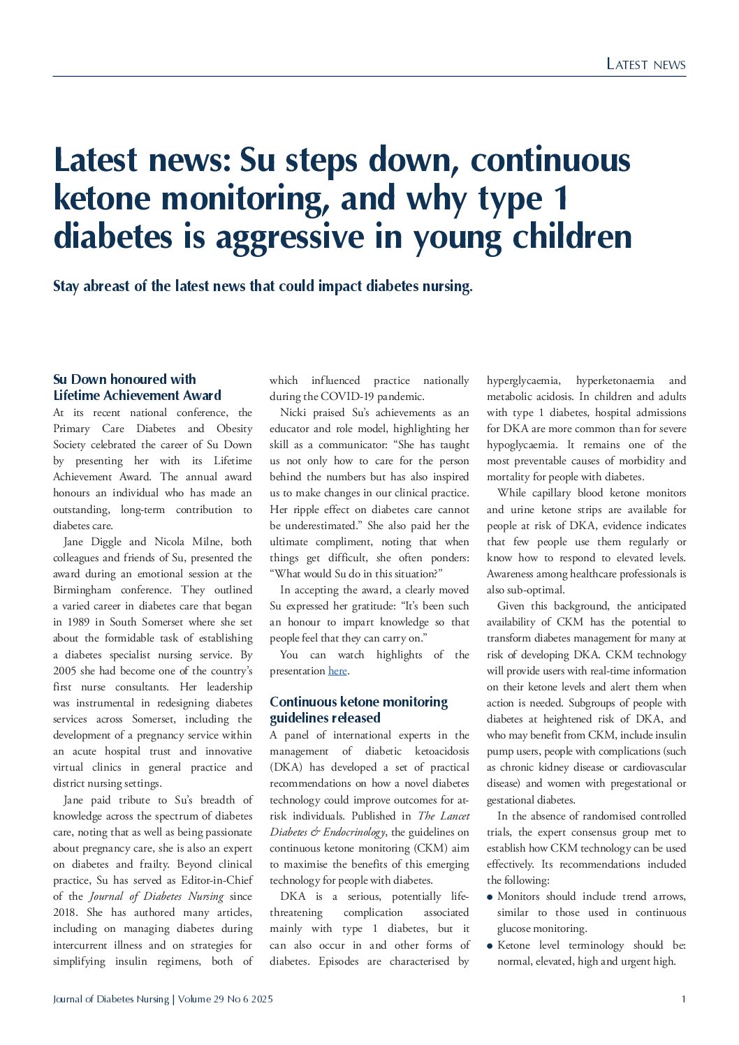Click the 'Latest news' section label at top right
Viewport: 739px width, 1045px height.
(x=645, y=64)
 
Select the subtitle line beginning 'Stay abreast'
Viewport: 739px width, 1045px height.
(x=263, y=286)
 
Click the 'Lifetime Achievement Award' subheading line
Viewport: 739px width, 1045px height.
(x=137, y=395)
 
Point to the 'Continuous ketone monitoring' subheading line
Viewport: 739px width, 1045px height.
(x=358, y=702)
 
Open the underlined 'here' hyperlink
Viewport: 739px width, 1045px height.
(x=337, y=671)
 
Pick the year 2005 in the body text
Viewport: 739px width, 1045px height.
(x=65, y=671)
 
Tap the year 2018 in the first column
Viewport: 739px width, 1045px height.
(x=65, y=912)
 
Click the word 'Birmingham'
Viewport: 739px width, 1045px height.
(x=82, y=590)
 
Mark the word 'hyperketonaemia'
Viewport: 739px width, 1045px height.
(x=615, y=380)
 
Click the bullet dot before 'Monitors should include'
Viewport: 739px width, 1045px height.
(x=490, y=897)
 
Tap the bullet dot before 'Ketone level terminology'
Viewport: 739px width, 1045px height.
(x=490, y=946)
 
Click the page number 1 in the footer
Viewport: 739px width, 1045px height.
(x=683, y=999)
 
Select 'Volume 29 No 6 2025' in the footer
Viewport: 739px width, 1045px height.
(x=225, y=999)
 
